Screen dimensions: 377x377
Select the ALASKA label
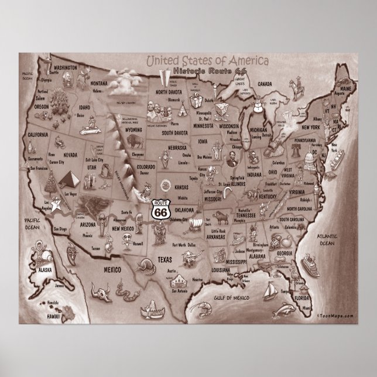point(44,271)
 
